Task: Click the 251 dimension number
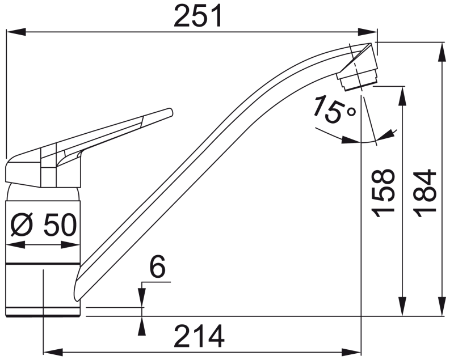198,16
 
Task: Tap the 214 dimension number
199,336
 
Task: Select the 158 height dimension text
384,193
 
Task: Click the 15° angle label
334,109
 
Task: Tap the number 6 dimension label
158,266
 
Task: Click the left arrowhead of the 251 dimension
16,32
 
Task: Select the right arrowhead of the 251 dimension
367,32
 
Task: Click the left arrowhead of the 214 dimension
53,352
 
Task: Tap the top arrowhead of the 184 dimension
442,52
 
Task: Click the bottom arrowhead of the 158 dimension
402,306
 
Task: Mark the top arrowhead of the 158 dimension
402,96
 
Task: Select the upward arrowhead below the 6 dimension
141,326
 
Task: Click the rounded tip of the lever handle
171,112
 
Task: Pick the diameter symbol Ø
22,225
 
